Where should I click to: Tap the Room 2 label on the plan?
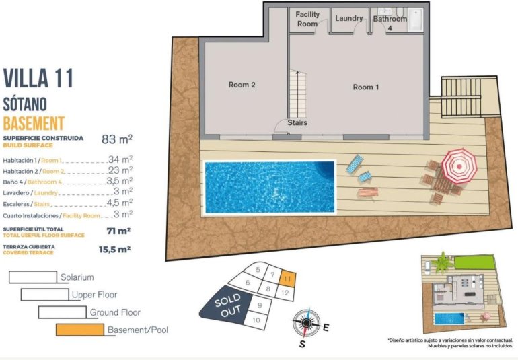(x=242, y=85)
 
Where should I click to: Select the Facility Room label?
(x=307, y=19)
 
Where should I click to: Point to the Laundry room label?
(x=349, y=18)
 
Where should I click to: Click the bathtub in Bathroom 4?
(x=415, y=20)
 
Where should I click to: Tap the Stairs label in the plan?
(x=297, y=123)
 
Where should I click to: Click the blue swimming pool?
(x=269, y=186)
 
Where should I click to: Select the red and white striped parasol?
(x=459, y=166)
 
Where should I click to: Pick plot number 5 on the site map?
(x=258, y=270)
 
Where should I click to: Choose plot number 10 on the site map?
(x=256, y=320)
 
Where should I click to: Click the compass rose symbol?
(x=306, y=323)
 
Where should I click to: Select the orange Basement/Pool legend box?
(x=80, y=330)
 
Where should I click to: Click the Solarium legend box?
(x=32, y=277)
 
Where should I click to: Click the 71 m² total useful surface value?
(x=118, y=231)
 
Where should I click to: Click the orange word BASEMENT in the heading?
(x=34, y=123)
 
